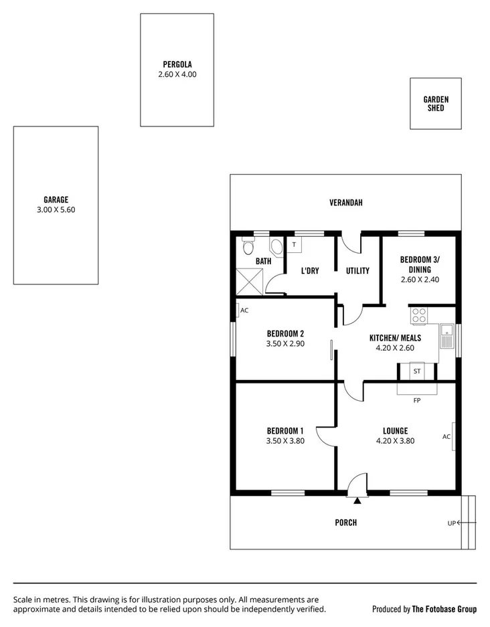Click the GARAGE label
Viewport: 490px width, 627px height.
point(56,199)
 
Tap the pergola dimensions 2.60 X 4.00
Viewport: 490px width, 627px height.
point(177,75)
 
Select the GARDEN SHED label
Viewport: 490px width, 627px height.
point(436,103)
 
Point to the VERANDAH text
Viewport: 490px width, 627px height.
point(345,203)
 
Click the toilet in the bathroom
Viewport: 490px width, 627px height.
point(247,247)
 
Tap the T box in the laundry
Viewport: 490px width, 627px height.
point(294,245)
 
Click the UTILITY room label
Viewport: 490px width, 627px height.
point(357,271)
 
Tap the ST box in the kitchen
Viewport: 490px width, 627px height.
point(417,371)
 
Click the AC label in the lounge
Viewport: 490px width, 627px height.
point(446,437)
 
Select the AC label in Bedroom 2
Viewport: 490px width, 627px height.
point(244,310)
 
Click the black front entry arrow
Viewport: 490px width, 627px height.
point(357,500)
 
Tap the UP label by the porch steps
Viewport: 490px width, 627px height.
point(452,523)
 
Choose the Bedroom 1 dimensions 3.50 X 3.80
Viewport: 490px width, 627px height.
point(285,441)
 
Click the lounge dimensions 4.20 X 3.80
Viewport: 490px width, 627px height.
point(395,441)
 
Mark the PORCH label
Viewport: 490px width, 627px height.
point(345,523)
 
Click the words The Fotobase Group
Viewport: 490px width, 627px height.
point(443,609)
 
